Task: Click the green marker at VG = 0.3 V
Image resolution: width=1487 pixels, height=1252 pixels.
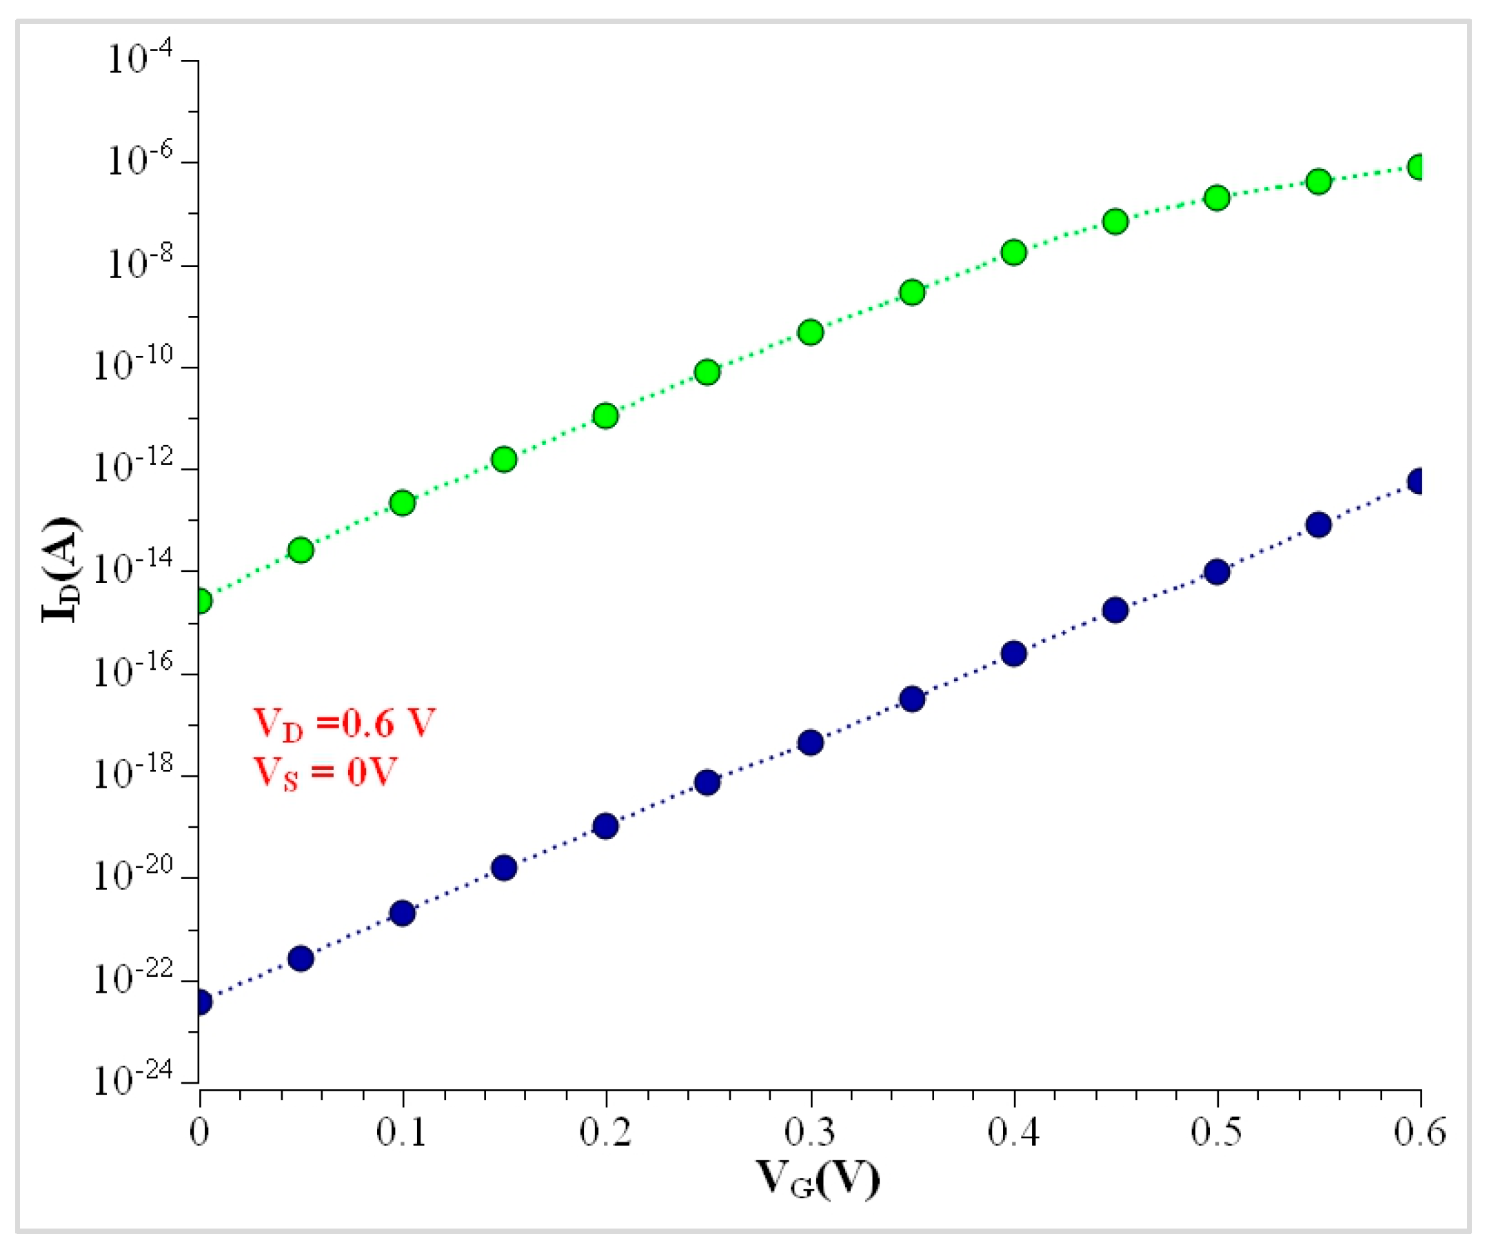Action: [x=810, y=332]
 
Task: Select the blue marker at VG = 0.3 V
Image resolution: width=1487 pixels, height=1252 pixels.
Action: [x=810, y=742]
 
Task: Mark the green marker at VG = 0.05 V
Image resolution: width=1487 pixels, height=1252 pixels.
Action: [x=301, y=549]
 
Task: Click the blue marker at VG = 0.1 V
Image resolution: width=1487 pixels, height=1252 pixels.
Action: [x=403, y=913]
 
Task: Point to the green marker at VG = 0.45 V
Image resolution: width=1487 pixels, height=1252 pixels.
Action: [x=1115, y=221]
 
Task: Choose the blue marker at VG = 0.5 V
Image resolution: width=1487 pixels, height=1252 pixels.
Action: [x=1217, y=571]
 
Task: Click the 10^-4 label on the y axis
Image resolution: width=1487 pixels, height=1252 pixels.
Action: [x=140, y=59]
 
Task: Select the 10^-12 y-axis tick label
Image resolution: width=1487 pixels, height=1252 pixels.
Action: [x=133, y=467]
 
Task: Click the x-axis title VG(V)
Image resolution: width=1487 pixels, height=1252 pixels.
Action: [x=818, y=1179]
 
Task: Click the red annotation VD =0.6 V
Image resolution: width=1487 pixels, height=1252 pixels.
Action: [x=344, y=724]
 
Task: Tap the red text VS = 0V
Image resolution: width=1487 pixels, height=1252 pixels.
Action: [x=325, y=772]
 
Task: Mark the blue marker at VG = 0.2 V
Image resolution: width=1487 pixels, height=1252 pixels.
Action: [x=605, y=826]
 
